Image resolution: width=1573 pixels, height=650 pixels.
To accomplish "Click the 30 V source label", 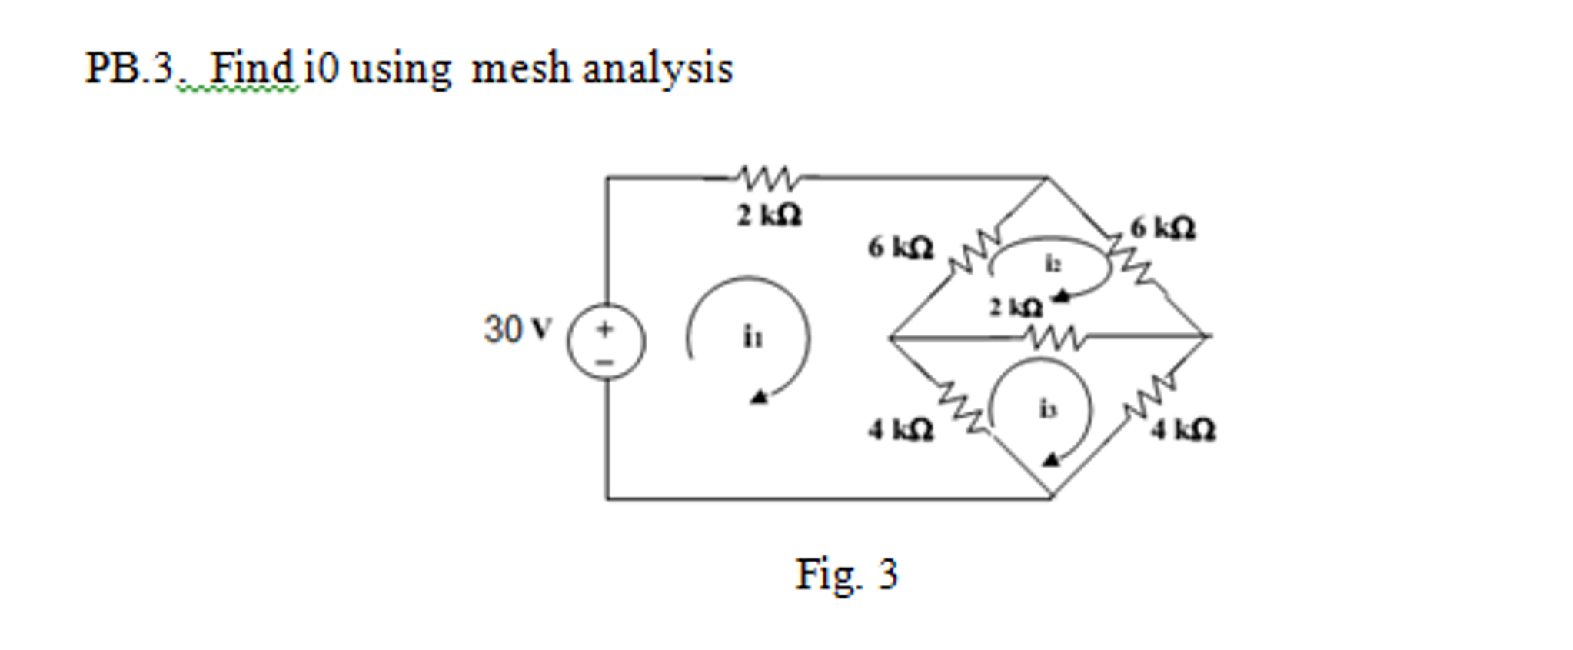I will click(x=517, y=329).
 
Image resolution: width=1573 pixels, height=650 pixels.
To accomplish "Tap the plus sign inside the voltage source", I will click(x=606, y=329).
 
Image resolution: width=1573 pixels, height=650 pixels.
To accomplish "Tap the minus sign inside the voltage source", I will click(x=606, y=361).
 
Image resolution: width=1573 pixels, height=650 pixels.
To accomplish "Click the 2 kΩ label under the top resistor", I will click(x=769, y=216).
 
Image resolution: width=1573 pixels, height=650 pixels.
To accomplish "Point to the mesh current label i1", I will click(x=753, y=337).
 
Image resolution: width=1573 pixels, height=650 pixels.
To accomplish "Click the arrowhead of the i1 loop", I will click(x=758, y=397).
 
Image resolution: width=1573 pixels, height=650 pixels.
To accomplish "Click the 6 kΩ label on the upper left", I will click(x=900, y=248).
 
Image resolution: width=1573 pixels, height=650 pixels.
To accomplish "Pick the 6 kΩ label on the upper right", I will click(x=1162, y=228).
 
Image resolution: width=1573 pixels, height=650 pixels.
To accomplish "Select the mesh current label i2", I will click(x=1053, y=264).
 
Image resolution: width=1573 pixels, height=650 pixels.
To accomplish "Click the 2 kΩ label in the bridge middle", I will click(x=1015, y=308).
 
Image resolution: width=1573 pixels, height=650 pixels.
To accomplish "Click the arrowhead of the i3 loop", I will click(x=1050, y=460).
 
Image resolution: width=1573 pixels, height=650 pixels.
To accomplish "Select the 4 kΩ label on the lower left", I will click(x=900, y=430).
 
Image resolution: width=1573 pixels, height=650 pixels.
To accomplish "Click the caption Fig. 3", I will click(x=846, y=574).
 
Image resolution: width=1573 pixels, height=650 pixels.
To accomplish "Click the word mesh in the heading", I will click(x=520, y=68).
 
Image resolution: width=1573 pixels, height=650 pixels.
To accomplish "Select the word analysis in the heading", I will click(x=657, y=68).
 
